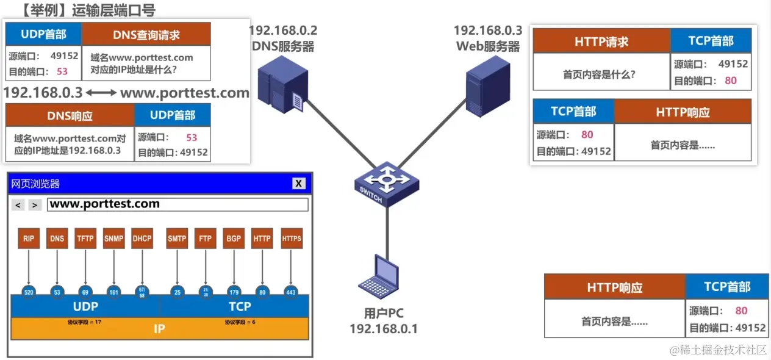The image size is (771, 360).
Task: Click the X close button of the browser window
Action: (x=298, y=184)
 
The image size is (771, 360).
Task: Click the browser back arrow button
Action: (x=18, y=205)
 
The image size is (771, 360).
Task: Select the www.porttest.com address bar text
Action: (x=104, y=204)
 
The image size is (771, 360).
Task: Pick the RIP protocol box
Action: (x=29, y=239)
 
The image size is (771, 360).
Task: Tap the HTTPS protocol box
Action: (x=292, y=239)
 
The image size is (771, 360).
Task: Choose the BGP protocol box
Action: (x=233, y=239)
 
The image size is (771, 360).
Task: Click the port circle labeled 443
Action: (x=291, y=292)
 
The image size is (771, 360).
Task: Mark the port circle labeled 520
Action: (x=29, y=292)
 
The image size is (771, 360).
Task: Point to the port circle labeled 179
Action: (x=233, y=292)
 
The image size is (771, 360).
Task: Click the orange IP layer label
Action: (x=159, y=329)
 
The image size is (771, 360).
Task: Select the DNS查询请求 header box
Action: (x=146, y=34)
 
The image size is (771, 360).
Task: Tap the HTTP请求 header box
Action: (x=601, y=41)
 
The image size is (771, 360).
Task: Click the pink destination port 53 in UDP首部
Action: (x=62, y=71)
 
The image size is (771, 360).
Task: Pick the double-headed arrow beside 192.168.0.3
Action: (x=101, y=93)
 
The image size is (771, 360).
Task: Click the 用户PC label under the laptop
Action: (x=384, y=314)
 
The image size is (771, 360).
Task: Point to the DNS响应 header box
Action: (x=70, y=115)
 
